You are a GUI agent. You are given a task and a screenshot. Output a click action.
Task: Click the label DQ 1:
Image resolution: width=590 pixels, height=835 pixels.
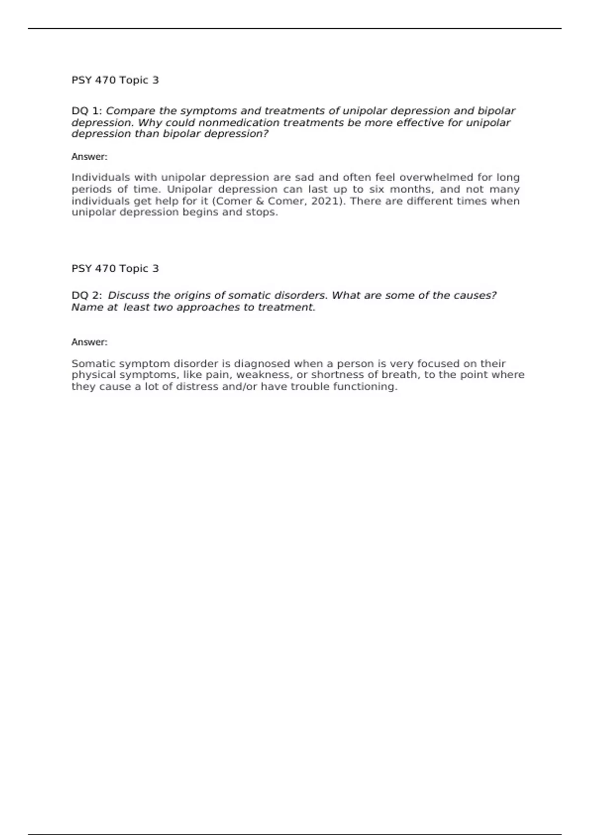pyautogui.click(x=87, y=111)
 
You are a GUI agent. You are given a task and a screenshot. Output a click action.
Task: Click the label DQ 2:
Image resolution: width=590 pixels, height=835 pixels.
pyautogui.click(x=87, y=295)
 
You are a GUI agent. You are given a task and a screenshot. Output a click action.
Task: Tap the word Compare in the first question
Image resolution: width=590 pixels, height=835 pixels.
pyautogui.click(x=130, y=111)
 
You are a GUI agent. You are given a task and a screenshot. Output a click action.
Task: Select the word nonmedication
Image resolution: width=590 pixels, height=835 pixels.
pyautogui.click(x=238, y=123)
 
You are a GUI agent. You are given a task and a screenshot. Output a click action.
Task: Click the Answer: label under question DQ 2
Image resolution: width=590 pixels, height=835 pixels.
pyautogui.click(x=89, y=342)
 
